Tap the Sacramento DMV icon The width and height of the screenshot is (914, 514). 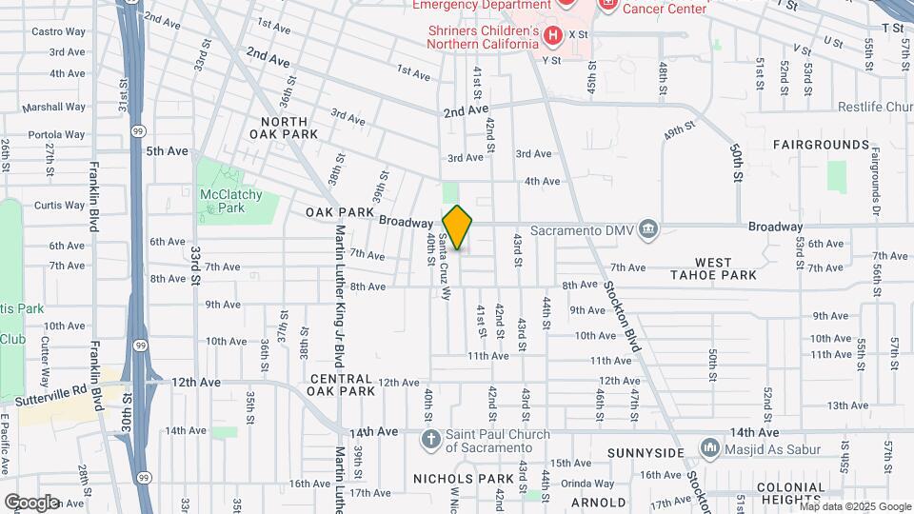coord(648,228)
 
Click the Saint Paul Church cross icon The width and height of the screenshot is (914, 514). coord(430,439)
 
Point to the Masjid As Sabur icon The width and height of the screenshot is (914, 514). coord(709,447)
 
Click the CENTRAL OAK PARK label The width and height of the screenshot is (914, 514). coord(342,385)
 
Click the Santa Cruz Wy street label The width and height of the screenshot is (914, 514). coord(444,267)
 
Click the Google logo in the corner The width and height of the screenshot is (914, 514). coord(31,502)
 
